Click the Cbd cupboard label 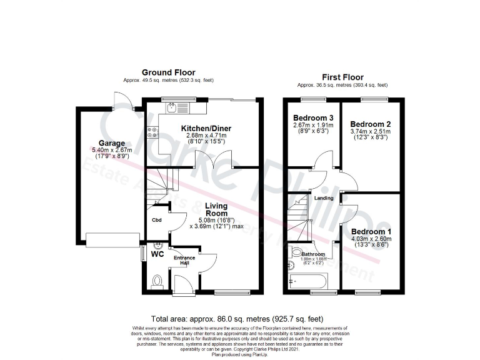coord(157,220)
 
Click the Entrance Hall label coord(184,260)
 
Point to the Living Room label coord(217,209)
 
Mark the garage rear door coord(119,100)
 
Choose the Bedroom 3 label coord(313,118)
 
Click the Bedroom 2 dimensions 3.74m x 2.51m coord(370,132)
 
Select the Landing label coord(324,198)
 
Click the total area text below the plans coord(237,319)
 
